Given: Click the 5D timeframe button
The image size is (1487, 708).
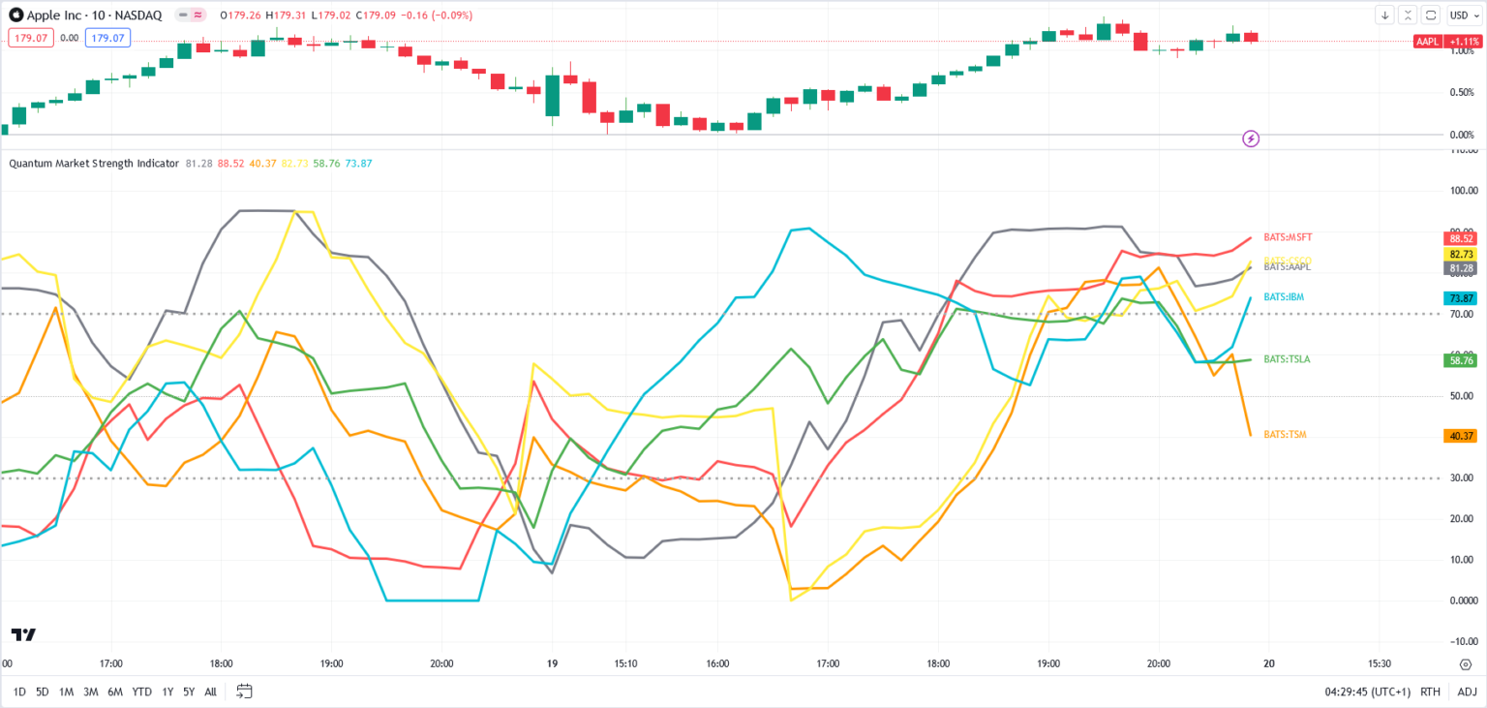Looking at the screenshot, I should click(x=43, y=692).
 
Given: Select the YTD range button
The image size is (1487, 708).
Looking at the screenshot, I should click(x=141, y=692).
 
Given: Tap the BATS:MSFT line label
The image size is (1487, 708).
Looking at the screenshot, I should click(x=1288, y=237).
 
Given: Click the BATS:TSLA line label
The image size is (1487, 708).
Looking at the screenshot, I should click(x=1287, y=359).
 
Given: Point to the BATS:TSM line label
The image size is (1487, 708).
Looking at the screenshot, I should click(x=1285, y=435).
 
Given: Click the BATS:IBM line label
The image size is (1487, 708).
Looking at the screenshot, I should click(x=1285, y=297).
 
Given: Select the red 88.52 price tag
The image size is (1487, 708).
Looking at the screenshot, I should click(x=1460, y=238).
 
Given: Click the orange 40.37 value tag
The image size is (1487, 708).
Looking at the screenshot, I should click(x=1460, y=436).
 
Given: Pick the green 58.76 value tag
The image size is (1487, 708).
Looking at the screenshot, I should click(x=1460, y=360).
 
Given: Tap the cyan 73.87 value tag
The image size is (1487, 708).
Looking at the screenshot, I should click(x=1460, y=298).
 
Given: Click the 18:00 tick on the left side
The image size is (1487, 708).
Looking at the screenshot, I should click(x=221, y=664).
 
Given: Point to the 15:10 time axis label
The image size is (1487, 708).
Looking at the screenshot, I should click(x=625, y=664).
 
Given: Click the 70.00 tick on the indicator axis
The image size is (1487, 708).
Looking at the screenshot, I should click(x=1462, y=315).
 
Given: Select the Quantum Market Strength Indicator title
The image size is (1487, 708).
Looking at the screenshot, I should click(x=94, y=164).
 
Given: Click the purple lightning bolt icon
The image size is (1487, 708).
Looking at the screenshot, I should click(x=1251, y=139).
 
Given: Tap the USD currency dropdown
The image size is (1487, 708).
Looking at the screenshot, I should click(x=1461, y=15).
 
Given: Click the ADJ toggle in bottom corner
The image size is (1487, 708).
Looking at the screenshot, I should click(x=1468, y=692).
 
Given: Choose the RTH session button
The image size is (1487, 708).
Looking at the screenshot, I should click(x=1430, y=692).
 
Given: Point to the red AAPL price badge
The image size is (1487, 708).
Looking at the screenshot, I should click(x=1428, y=42).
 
